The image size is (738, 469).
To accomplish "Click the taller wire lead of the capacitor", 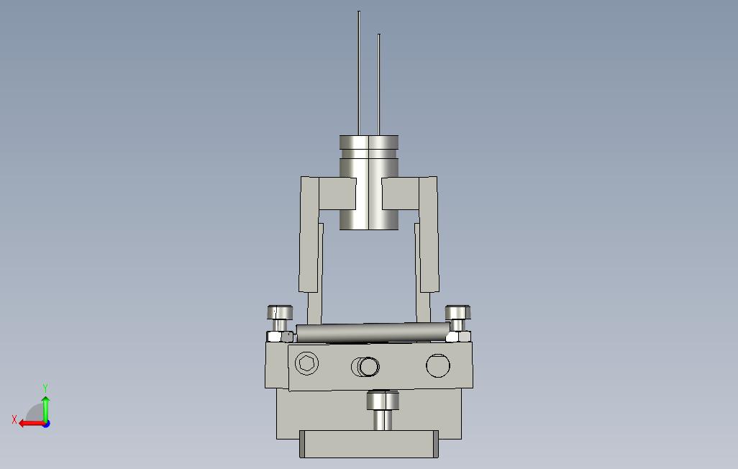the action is tap(359, 73).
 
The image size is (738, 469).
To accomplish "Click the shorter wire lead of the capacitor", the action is tap(379, 85).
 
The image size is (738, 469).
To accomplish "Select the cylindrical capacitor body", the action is tap(369, 183).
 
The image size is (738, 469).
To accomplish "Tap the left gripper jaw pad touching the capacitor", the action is tap(337, 193).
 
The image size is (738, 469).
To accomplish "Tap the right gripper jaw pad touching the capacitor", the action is tap(401, 193).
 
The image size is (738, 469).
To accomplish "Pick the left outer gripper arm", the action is tap(309, 234).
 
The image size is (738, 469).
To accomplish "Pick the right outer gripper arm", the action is tap(429, 234).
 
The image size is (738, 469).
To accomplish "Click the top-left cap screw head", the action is tap(280, 313).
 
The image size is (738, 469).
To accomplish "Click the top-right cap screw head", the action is tap(457, 313).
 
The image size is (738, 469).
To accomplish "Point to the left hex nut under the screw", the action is tap(281, 337).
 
